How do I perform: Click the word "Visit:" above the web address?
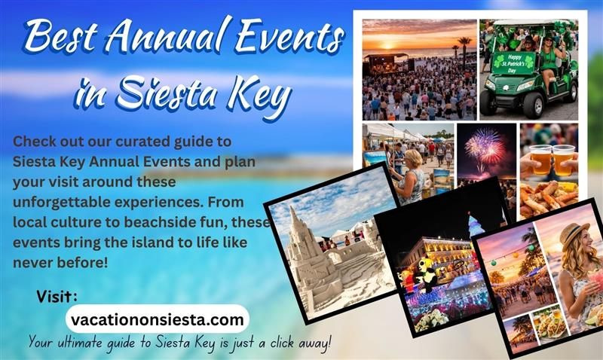[x=57, y=297]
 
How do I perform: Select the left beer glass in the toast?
[x=540, y=158]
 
